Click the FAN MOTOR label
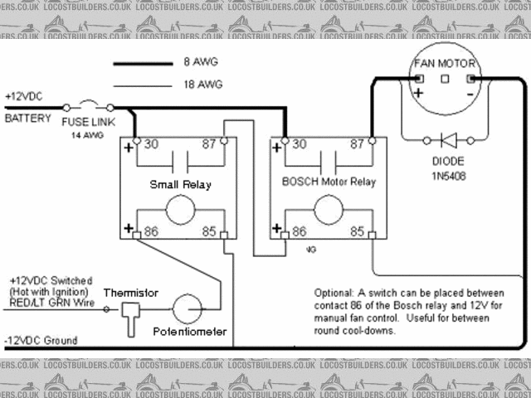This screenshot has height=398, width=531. point(446,63)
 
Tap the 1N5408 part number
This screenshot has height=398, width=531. point(447,176)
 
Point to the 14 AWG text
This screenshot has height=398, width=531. point(86,133)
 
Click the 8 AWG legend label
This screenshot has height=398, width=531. point(190,62)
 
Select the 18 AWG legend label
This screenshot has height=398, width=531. point(192,85)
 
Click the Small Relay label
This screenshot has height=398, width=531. point(179,184)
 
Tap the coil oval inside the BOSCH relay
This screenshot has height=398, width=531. point(329,210)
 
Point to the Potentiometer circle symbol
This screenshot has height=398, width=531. point(187,308)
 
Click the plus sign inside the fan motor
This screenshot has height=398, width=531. point(418,93)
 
